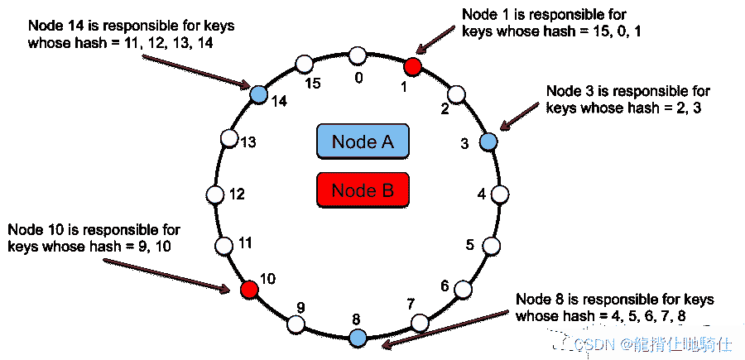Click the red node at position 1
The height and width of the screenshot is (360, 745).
click(413, 66)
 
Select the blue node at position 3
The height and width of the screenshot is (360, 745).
click(488, 142)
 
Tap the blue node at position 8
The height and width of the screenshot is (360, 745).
click(358, 337)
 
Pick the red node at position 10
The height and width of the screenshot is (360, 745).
click(248, 289)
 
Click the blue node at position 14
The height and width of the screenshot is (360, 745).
click(258, 94)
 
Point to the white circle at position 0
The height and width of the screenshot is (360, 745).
click(358, 55)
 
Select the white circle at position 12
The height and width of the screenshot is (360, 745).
click(215, 194)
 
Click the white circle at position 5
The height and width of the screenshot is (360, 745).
click(492, 246)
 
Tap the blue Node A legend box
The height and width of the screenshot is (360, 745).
click(363, 142)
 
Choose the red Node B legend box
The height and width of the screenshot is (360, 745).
click(363, 190)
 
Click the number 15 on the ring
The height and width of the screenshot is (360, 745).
click(313, 84)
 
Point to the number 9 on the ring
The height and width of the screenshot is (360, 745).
click(300, 307)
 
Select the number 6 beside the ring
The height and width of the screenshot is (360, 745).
click(445, 286)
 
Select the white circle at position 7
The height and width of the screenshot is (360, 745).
click(421, 323)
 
